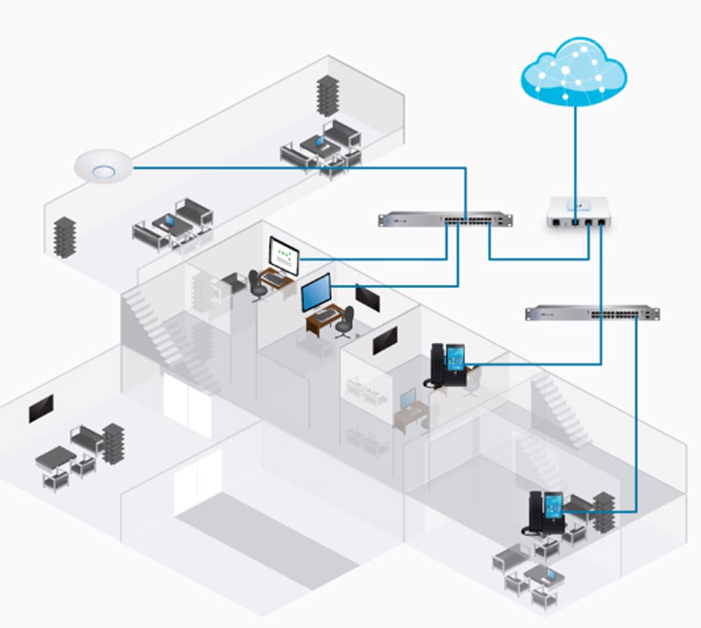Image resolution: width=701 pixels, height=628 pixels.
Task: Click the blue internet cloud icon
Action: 573,73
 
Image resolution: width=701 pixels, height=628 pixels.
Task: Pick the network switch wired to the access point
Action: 445,219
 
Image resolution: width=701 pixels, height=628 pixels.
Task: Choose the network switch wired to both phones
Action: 592,313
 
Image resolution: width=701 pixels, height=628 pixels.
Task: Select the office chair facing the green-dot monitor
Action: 255,282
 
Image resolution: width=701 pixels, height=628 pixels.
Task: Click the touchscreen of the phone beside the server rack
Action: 555,507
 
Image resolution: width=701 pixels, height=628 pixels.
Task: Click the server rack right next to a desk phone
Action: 605,513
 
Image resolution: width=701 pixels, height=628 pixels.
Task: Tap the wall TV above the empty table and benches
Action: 41,408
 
